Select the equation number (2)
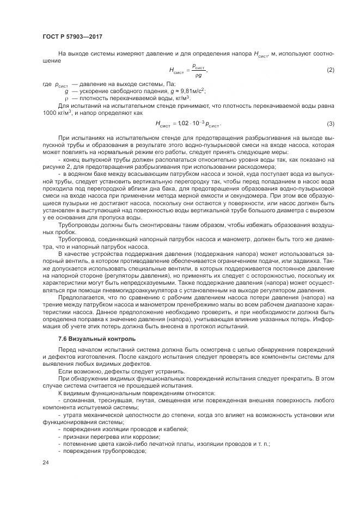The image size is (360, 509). tap(330, 71)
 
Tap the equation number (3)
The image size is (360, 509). tap(330, 124)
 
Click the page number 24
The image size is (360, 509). tap(45, 462)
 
